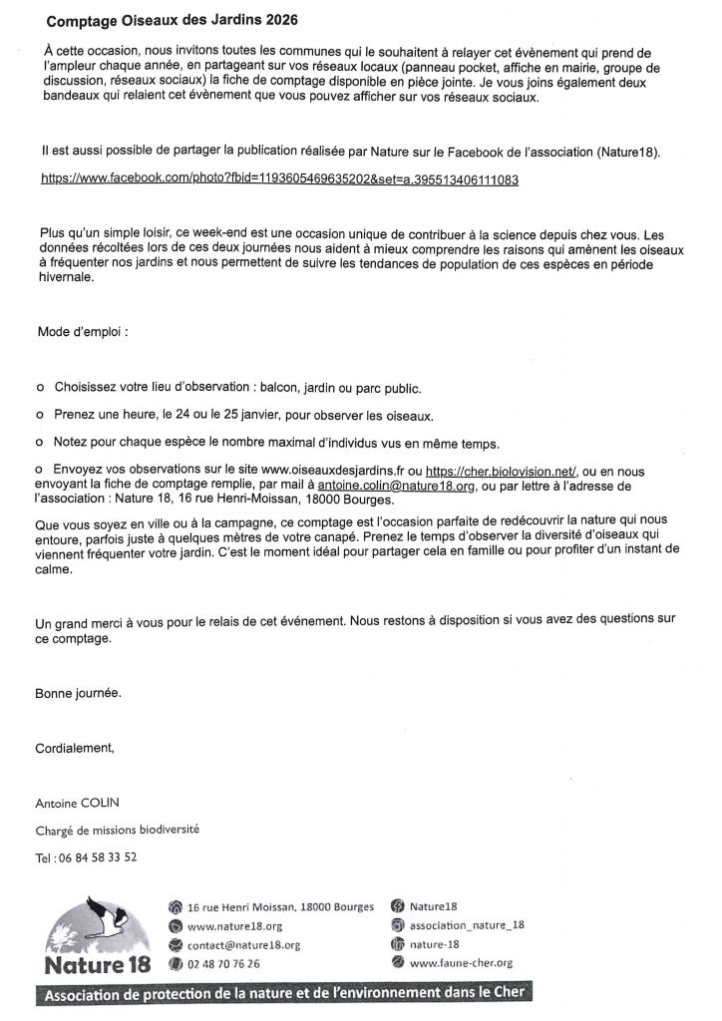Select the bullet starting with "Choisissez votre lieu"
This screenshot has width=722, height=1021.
[x=235, y=388]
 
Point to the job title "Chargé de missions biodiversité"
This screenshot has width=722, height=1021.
[x=124, y=830]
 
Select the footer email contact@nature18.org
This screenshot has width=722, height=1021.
[x=243, y=944]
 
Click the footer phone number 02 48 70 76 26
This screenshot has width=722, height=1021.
[x=224, y=963]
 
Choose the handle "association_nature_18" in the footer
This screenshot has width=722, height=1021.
[x=467, y=925]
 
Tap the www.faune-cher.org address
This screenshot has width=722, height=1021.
[x=461, y=963]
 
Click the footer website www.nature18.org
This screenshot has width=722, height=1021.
[x=234, y=926]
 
